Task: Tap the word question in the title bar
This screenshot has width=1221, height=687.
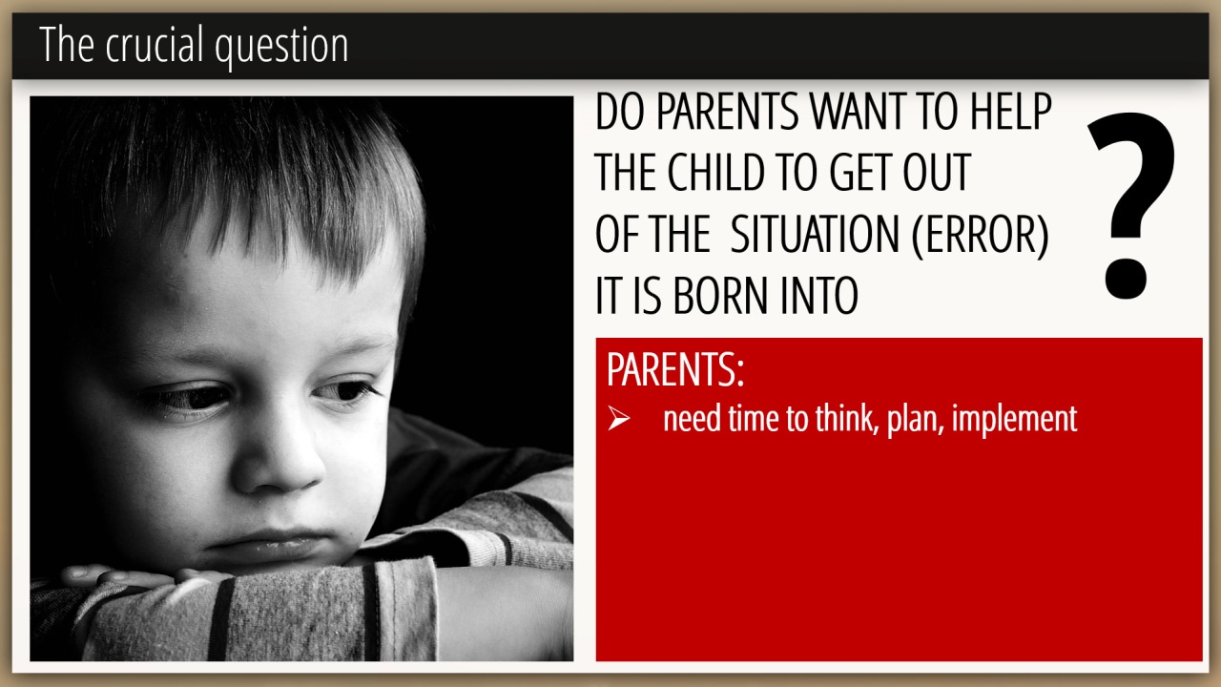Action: pos(281,48)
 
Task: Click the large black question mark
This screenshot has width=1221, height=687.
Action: pos(1132,205)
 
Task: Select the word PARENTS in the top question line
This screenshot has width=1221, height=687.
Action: pos(728,112)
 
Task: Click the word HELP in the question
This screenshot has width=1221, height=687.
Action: pos(1010,112)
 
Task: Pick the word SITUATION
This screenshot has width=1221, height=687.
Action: pos(815,234)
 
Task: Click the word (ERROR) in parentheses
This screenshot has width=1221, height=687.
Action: pos(980,235)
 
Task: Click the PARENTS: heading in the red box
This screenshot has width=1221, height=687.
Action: pos(674,369)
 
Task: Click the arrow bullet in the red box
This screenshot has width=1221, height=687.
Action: pos(619,418)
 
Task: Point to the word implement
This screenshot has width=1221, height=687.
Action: pos(1014,420)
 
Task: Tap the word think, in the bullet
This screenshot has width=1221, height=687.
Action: pos(847,419)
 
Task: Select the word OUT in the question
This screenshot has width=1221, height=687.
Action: pos(937,173)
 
